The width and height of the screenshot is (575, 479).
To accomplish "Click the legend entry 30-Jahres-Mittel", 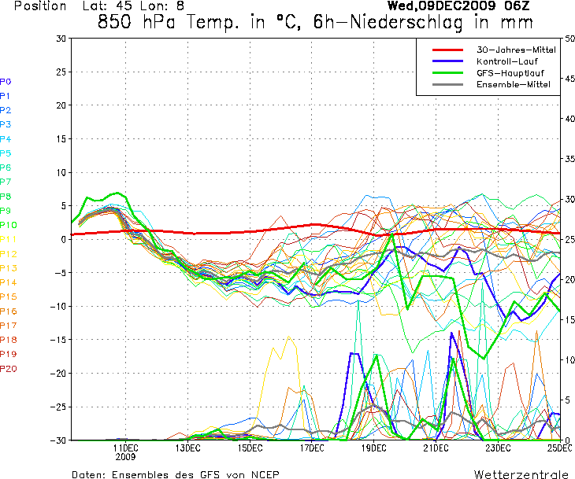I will pyautogui.click(x=516, y=50).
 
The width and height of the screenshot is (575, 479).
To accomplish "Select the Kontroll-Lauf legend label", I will pyautogui.click(x=506, y=61).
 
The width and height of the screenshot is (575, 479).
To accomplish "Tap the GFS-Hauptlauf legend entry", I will pyautogui.click(x=508, y=73).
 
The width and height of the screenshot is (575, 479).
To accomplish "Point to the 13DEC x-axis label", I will pyautogui.click(x=187, y=448).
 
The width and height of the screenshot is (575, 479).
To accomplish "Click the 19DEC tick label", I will pyautogui.click(x=373, y=448).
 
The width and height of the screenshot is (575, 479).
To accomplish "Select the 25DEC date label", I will pyautogui.click(x=559, y=448).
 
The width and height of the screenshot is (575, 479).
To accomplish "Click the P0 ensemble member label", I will pyautogui.click(x=6, y=82).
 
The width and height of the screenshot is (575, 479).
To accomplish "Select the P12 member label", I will pyautogui.click(x=8, y=254).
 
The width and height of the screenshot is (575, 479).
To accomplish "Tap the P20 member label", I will pyautogui.click(x=8, y=369).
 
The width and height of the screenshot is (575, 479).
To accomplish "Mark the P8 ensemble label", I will pyautogui.click(x=6, y=197).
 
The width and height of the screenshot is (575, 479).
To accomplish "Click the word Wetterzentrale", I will pyautogui.click(x=521, y=474).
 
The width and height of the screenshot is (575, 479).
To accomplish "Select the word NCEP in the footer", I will pyautogui.click(x=263, y=474).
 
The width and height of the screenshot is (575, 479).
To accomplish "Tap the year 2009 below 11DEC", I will pyautogui.click(x=125, y=456).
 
